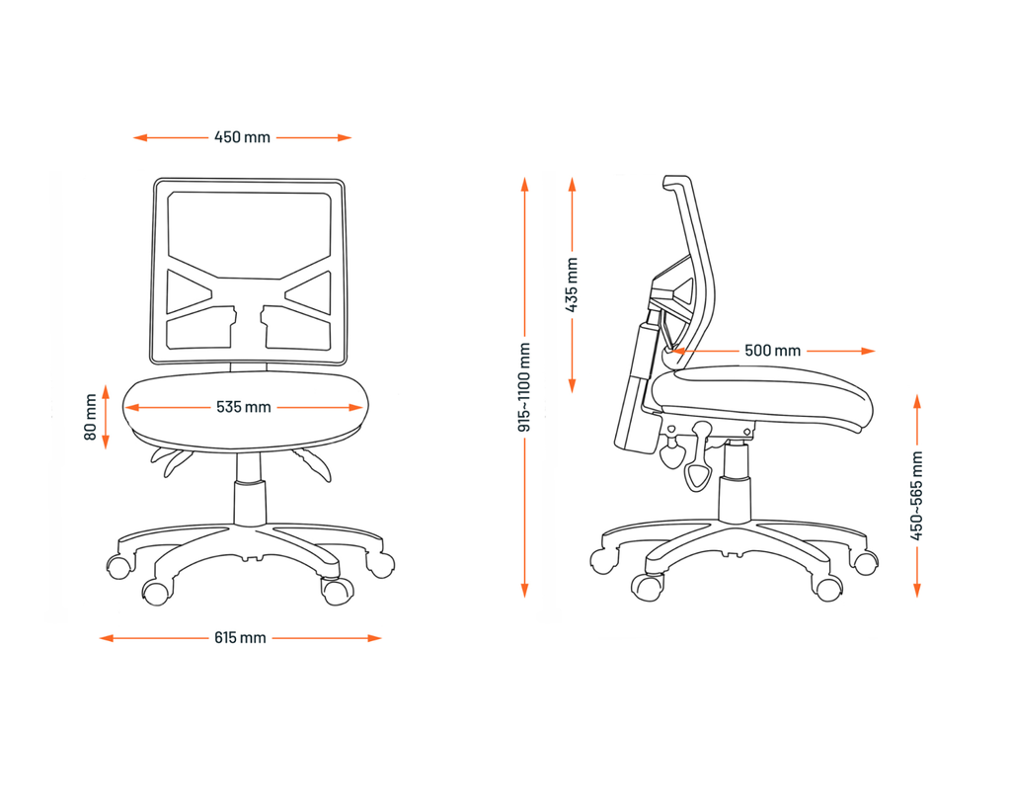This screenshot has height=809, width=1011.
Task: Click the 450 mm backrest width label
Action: (242, 137)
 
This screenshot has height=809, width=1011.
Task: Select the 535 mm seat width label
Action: (244, 407)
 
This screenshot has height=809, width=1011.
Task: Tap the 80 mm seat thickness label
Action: (91, 418)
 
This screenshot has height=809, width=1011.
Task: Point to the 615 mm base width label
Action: (240, 638)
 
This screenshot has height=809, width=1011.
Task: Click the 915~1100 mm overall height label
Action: (524, 387)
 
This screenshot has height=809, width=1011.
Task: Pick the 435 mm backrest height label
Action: (572, 284)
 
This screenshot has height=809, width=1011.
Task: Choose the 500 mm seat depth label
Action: (773, 351)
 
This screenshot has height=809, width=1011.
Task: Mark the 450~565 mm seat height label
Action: (917, 496)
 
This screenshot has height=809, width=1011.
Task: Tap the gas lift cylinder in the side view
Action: (736, 486)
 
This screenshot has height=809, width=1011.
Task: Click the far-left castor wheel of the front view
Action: (118, 567)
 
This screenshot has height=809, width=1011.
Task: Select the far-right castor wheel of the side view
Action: (864, 563)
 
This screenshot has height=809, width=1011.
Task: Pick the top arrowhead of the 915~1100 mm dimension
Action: (524, 184)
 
